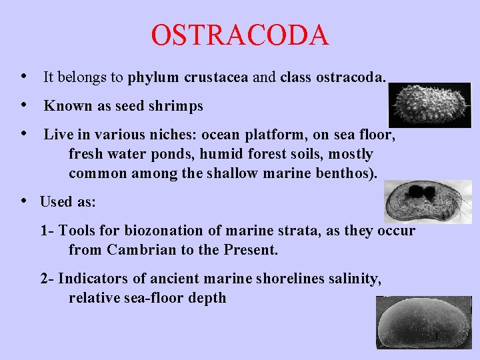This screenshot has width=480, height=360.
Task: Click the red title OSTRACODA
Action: pyautogui.click(x=240, y=35)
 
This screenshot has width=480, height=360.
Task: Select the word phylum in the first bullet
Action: pyautogui.click(x=154, y=77)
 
